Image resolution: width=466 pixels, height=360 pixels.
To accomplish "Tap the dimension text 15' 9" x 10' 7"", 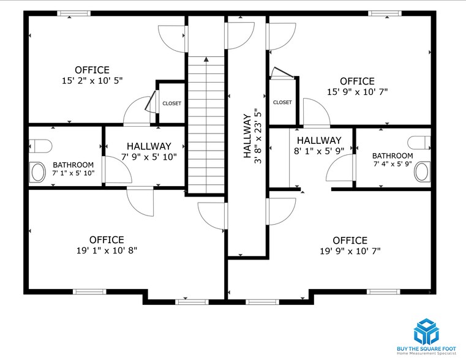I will pyautogui.click(x=357, y=92).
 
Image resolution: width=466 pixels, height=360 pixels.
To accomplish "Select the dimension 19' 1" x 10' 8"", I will pyautogui.click(x=107, y=250).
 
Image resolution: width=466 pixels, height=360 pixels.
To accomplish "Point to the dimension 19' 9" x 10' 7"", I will pyautogui.click(x=350, y=251).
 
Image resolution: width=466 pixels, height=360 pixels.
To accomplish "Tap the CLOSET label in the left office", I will pyautogui.click(x=171, y=103).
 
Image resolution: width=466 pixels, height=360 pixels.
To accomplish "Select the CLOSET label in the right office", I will pyautogui.click(x=282, y=102).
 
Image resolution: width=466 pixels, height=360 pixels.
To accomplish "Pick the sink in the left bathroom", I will pyautogui.click(x=38, y=172).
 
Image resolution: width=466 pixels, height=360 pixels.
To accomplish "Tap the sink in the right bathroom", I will pyautogui.click(x=422, y=172).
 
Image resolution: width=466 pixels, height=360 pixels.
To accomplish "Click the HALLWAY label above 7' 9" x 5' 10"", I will pyautogui.click(x=149, y=146).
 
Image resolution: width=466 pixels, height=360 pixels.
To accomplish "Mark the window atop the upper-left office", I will pyautogui.click(x=73, y=13).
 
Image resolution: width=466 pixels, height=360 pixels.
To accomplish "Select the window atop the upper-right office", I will pyautogui.click(x=385, y=13).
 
